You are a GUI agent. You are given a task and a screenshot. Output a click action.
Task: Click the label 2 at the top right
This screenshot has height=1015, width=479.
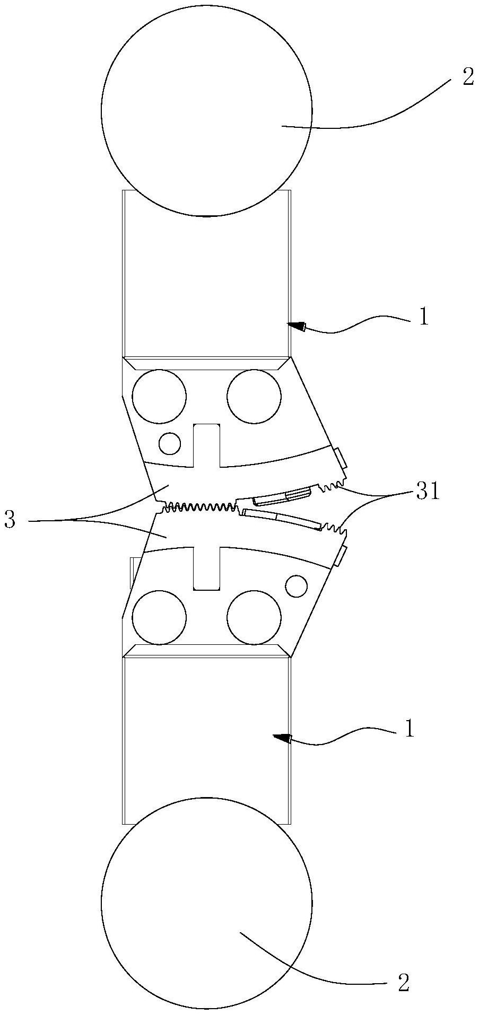[x=468, y=78]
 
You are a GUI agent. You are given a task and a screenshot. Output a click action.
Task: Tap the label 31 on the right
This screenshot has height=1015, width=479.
[x=428, y=492]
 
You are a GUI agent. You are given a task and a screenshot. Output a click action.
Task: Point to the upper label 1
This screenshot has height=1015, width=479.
[x=423, y=317]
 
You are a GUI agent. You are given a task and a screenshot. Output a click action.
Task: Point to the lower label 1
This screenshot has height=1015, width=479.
[x=408, y=729]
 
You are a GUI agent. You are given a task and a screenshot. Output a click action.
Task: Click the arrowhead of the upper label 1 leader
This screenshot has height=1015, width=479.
[x=297, y=326]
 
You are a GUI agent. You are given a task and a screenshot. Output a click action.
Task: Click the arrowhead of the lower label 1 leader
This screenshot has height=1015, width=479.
[x=282, y=737]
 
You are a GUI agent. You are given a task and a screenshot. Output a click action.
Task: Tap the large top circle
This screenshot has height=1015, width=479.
[x=206, y=110]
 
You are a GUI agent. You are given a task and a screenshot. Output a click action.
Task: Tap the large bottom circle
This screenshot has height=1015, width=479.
[x=206, y=902]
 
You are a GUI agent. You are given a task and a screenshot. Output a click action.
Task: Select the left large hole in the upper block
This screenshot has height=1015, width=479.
[x=160, y=397]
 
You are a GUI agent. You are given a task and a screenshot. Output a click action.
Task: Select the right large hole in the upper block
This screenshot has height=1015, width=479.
[x=254, y=397]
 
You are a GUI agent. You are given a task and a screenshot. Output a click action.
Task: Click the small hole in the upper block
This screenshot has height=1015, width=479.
[x=170, y=443]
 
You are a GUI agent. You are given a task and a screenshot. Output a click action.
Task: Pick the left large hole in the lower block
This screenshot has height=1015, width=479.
[x=160, y=618]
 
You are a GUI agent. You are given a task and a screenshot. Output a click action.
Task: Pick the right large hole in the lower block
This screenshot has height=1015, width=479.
[x=254, y=618]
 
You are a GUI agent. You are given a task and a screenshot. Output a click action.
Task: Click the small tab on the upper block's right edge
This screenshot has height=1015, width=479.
[x=340, y=458]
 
